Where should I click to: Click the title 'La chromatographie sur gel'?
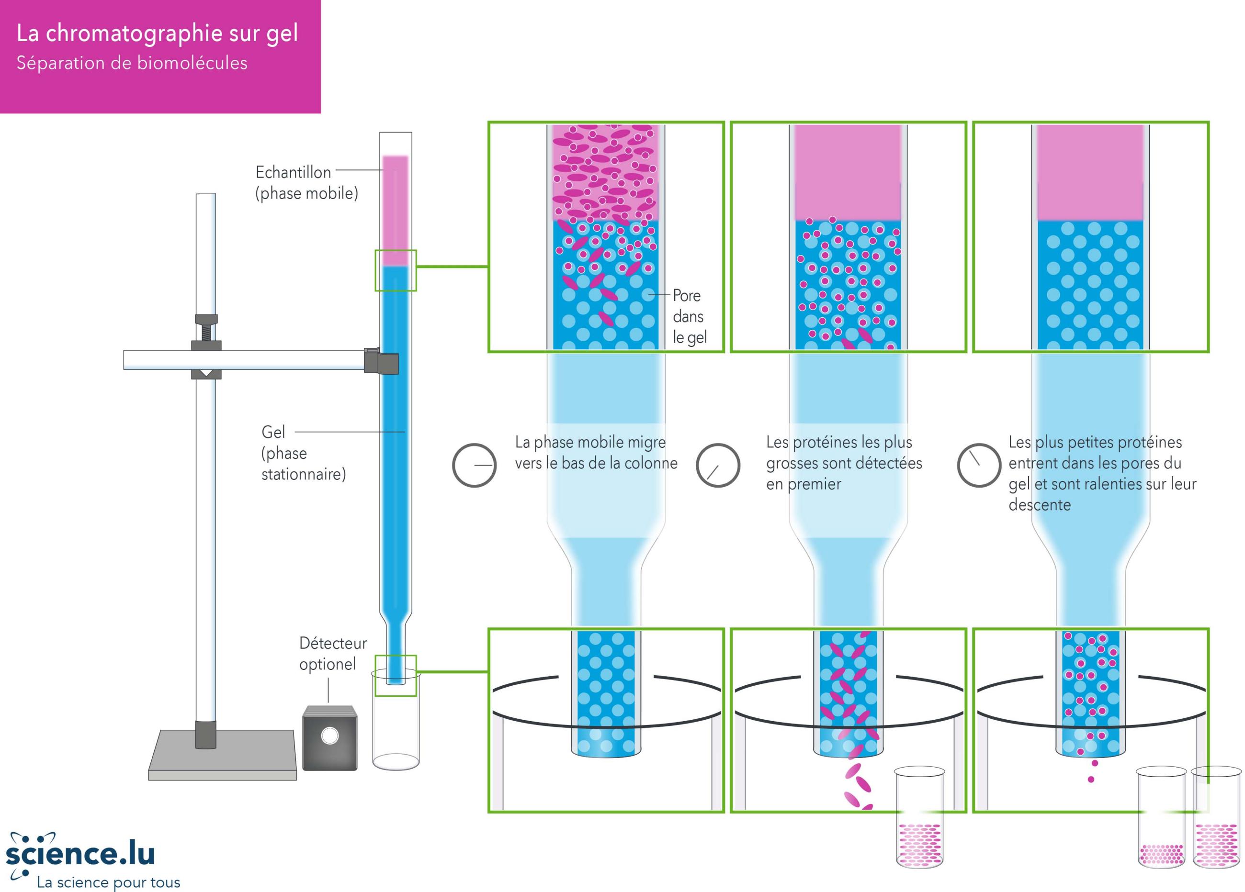(x=157, y=34)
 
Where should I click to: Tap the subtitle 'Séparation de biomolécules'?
(x=132, y=63)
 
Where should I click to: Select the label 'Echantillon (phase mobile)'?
(x=306, y=183)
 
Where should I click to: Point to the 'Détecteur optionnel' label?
(x=333, y=653)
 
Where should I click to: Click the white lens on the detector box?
(x=330, y=736)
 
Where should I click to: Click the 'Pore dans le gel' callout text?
(x=690, y=316)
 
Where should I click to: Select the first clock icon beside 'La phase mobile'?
(x=474, y=465)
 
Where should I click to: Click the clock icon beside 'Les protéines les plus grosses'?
(x=717, y=465)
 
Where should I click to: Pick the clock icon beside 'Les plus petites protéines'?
(x=979, y=465)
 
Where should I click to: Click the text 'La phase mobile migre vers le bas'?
(x=595, y=453)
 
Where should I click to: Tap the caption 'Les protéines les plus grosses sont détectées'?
(x=844, y=463)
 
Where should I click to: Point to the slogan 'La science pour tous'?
(x=108, y=882)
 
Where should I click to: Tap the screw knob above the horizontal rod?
(x=206, y=329)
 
